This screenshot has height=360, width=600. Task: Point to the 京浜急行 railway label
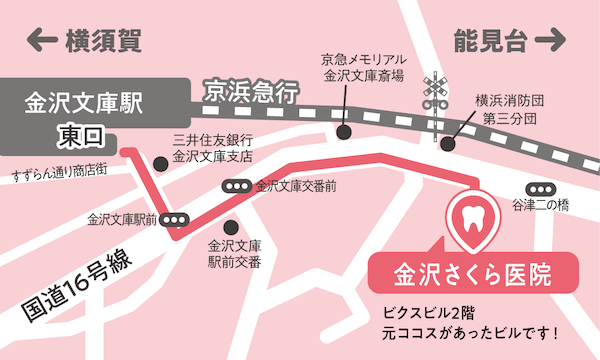point(251,93)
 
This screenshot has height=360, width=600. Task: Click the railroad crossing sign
point(435,91)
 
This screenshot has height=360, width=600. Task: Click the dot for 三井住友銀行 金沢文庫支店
point(160,162)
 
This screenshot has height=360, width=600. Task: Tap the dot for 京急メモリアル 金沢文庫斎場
point(344,131)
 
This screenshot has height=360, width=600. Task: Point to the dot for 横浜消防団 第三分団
point(446,143)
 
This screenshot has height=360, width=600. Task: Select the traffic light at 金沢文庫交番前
point(238,186)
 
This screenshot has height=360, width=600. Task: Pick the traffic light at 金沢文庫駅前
point(176,219)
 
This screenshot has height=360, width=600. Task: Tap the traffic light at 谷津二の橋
point(547,187)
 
